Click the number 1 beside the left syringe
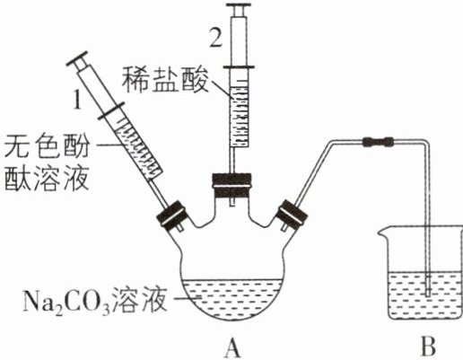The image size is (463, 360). [77, 99]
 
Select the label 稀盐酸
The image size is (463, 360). [165, 79]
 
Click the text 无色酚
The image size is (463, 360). [47, 146]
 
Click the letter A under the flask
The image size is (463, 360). [233, 347]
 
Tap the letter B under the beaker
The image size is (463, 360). [428, 347]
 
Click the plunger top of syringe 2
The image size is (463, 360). [239, 5]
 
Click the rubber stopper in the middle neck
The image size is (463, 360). [231, 186]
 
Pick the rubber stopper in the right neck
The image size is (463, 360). [293, 215]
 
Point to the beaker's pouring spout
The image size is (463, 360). [381, 232]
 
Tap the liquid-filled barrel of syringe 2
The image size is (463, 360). [240, 112]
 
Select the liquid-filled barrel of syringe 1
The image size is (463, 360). [138, 148]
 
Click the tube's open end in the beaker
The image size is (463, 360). [428, 294]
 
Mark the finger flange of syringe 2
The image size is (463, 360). [239, 67]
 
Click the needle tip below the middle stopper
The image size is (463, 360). [231, 205]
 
